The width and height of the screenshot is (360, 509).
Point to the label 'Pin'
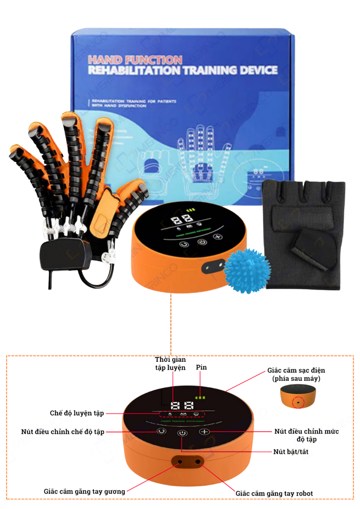201,367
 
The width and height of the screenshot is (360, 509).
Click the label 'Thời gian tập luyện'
170,364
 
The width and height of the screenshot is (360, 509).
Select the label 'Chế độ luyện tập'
77,413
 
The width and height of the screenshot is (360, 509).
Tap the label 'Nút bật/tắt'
287,452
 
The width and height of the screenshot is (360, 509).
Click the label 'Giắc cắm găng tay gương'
84,491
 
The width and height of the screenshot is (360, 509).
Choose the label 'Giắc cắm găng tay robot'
274,493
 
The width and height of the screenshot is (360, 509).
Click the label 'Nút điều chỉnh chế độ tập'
63,431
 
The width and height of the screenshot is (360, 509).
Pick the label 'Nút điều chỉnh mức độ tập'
306,435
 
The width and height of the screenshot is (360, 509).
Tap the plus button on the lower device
204,431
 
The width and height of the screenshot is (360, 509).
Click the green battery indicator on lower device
200,398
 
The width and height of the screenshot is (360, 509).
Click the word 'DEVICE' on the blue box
253,71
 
